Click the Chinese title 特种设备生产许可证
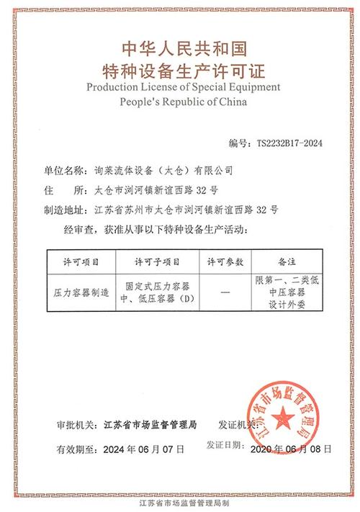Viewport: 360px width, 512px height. click(x=180, y=71)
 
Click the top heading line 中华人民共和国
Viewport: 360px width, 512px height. click(x=180, y=48)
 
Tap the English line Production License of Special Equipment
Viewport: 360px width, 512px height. click(x=180, y=87)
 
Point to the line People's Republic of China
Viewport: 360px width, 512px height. click(x=180, y=102)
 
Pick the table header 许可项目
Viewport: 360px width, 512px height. click(x=81, y=261)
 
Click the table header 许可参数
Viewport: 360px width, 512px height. click(x=225, y=261)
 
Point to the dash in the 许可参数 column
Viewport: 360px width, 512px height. click(x=225, y=292)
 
